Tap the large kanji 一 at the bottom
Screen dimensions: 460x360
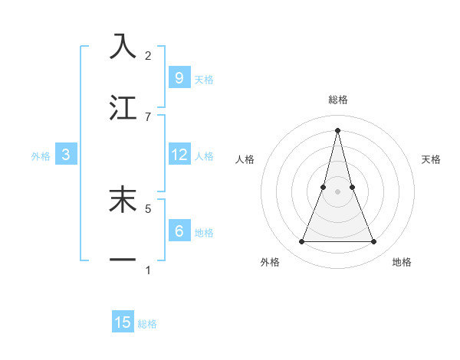[x=123, y=260]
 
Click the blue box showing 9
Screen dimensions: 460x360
[x=179, y=77]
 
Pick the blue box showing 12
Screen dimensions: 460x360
[x=179, y=155]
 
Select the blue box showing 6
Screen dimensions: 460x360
[x=179, y=231]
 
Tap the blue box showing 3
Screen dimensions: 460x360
[x=66, y=155]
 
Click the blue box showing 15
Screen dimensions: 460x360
[x=123, y=322]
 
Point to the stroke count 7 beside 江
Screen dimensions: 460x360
[x=148, y=116]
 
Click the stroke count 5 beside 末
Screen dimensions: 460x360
[x=148, y=208]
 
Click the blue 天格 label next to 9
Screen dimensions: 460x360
[x=204, y=79]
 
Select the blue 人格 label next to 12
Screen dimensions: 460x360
[x=204, y=155]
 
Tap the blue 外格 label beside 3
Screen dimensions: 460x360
[x=41, y=155]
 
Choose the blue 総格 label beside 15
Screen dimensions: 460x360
[x=147, y=324]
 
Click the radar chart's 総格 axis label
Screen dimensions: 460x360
[x=337, y=100]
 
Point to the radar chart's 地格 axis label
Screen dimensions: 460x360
[x=402, y=262]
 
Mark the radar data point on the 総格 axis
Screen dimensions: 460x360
[x=337, y=129]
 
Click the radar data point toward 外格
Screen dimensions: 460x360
[x=301, y=242]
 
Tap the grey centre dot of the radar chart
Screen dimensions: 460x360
[x=337, y=191]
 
